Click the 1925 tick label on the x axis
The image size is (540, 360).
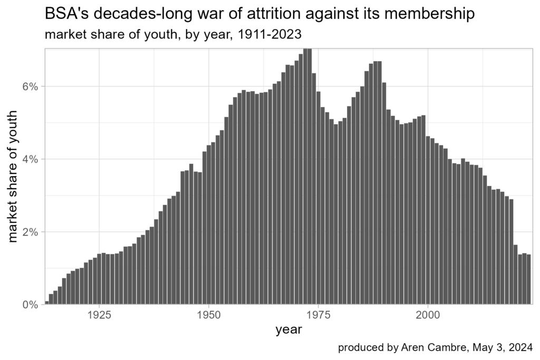[x=99, y=316]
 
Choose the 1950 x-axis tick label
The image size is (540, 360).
[x=209, y=316]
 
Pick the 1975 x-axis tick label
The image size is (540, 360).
[x=318, y=316]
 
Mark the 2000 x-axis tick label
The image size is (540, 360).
[x=428, y=316]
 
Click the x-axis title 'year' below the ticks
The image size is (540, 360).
[x=288, y=330]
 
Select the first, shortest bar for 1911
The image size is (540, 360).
[x=47, y=303]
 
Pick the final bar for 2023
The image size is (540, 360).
[x=528, y=279]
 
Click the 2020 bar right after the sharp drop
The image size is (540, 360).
[x=515, y=275]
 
